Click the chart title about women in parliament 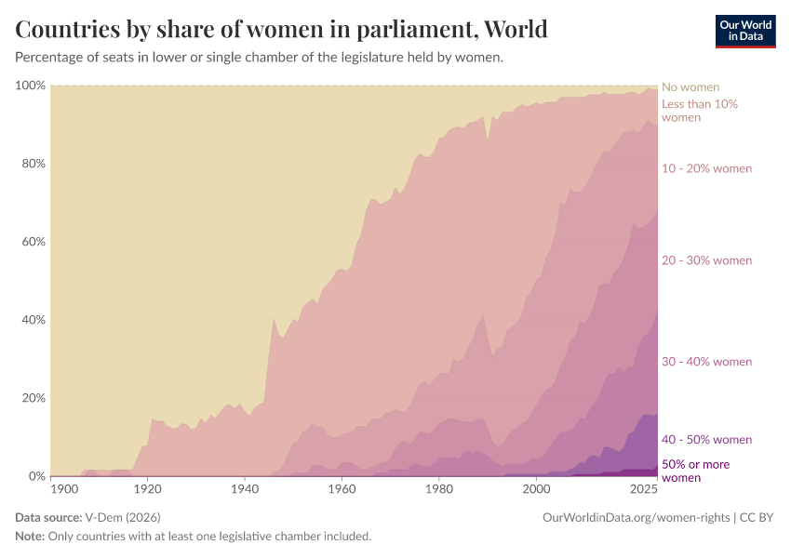(281, 29)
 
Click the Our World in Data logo (744, 30)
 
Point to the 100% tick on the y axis (31, 86)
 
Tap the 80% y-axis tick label (34, 164)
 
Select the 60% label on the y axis (34, 242)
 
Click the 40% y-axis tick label (34, 320)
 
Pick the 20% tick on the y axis (34, 398)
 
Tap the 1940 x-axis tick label (245, 489)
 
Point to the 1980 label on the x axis (438, 489)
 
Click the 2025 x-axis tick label (644, 489)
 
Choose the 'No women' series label (690, 87)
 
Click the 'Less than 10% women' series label (699, 111)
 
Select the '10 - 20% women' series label (706, 168)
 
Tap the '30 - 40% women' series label (706, 362)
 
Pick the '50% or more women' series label (695, 471)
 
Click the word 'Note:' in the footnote (31, 537)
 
